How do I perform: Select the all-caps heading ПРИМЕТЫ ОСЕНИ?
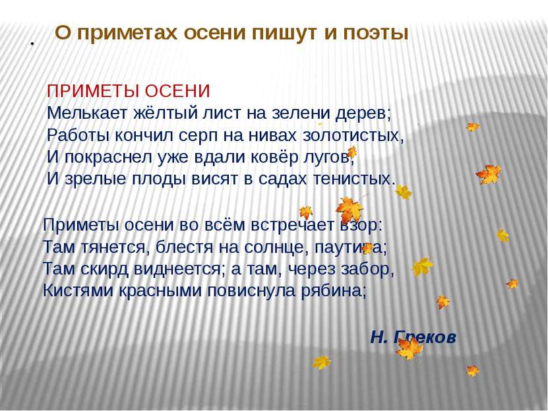129,90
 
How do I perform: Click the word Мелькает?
81,113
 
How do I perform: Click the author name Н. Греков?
413,337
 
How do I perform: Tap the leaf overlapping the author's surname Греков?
409,348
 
